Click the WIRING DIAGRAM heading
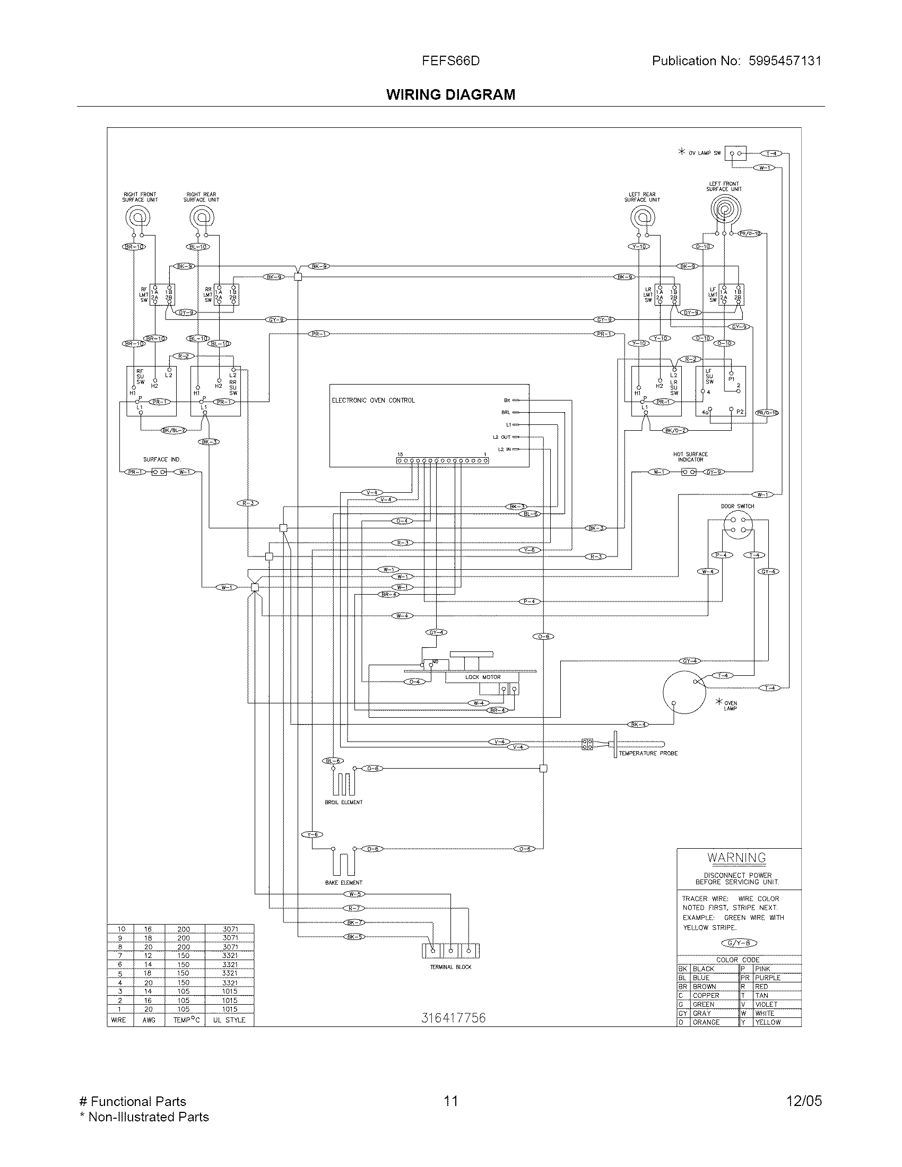click(450, 94)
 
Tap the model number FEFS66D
click(450, 61)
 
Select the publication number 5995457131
click(784, 61)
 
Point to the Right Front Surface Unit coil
click(138, 217)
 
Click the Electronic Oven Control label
click(373, 400)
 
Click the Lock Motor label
click(482, 677)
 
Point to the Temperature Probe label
click(648, 753)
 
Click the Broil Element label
click(343, 802)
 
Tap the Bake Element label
click(343, 882)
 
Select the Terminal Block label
click(450, 966)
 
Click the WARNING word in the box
click(736, 858)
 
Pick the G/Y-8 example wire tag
click(739, 943)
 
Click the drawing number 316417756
click(453, 1018)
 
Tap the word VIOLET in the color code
click(766, 1004)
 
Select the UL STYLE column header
click(229, 1020)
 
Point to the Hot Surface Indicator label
click(690, 456)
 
